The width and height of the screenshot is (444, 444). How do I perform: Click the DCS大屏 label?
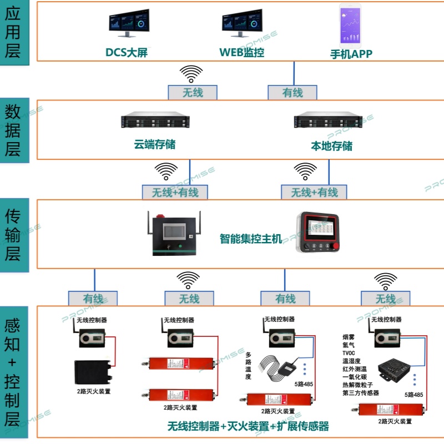tap(127, 53)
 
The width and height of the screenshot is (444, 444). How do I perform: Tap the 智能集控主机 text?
tap(250, 239)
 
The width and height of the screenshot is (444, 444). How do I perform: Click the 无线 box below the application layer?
tap(193, 92)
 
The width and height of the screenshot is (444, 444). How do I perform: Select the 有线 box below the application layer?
tap(292, 92)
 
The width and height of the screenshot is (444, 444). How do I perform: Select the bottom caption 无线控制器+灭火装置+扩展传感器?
tap(248, 426)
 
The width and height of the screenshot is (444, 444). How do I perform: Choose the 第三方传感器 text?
tap(361, 392)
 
